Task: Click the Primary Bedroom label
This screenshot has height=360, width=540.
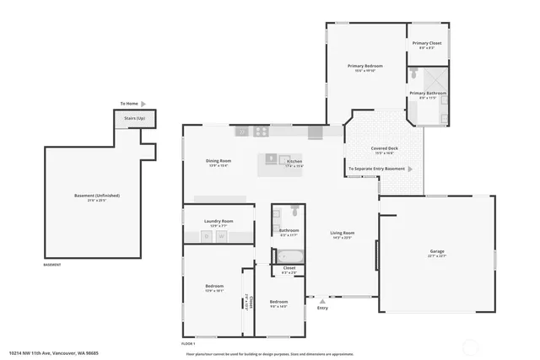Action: [365, 66]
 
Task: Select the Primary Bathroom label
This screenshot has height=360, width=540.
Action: [428, 94]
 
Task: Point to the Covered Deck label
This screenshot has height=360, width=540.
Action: [384, 148]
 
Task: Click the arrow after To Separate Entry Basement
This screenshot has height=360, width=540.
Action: [411, 169]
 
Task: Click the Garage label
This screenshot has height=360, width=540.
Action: [437, 251]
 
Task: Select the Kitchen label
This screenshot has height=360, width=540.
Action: [294, 161]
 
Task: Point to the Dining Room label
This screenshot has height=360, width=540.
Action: [219, 161]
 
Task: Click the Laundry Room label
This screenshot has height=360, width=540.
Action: [218, 222]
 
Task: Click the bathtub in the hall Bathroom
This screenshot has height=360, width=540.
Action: [290, 257]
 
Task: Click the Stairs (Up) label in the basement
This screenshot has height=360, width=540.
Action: [135, 118]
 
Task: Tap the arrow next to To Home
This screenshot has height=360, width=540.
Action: [144, 105]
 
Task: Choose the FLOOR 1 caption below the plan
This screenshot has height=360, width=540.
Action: [188, 344]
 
